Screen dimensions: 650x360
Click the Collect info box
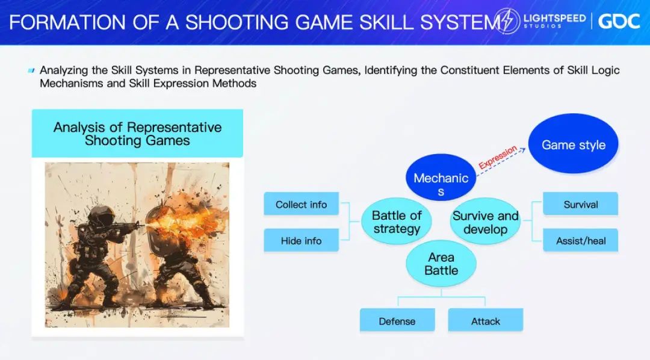point(302,203)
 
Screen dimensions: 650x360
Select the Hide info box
point(302,240)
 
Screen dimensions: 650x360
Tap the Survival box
point(580,203)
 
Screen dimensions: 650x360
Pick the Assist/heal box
point(580,240)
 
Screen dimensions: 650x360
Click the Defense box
point(397,320)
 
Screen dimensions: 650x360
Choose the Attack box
point(486,320)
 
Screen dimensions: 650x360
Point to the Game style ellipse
point(574,143)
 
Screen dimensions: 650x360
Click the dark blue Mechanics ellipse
point(441,178)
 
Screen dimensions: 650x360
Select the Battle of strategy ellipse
point(396,222)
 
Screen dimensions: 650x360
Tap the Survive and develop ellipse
point(485,222)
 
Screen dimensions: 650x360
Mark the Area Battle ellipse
point(441,263)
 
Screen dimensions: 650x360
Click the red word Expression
point(498,157)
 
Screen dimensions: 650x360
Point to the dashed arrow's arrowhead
point(523,150)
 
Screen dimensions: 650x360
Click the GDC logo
point(619,21)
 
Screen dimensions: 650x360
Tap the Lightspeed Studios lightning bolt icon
point(507,20)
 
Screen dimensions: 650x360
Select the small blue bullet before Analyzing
point(31,70)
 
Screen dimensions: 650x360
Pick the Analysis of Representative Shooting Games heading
point(137,134)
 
